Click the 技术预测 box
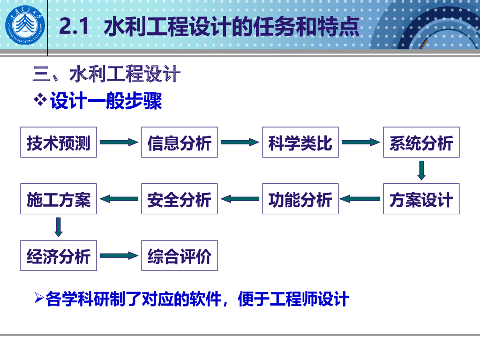click(59, 142)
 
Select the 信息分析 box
click(180, 142)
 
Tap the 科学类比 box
click(300, 142)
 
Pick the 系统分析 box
click(421, 142)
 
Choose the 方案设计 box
click(421, 199)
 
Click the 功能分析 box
click(300, 199)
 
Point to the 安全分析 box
click(180, 199)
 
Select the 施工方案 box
click(59, 199)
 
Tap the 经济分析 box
click(59, 255)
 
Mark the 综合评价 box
click(180, 255)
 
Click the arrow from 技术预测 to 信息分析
click(119, 142)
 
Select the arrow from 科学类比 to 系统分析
click(361, 142)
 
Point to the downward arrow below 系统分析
click(421, 171)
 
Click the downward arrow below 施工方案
click(59, 227)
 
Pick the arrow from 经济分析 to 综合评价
click(119, 256)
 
